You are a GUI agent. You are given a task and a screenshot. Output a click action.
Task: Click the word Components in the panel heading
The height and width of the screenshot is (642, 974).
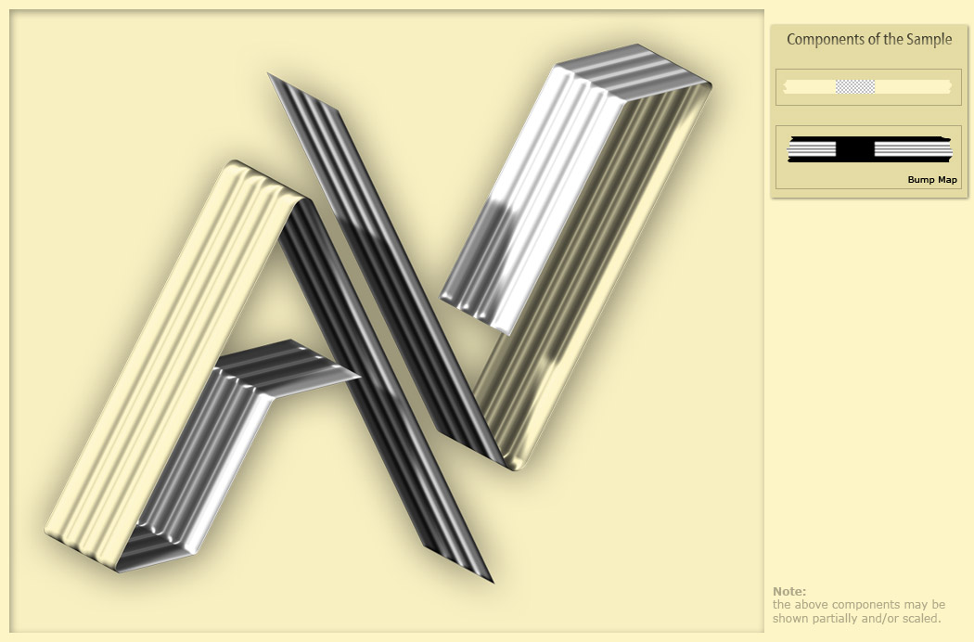[x=824, y=40]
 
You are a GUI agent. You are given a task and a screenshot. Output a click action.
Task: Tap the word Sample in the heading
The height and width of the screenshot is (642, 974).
[x=929, y=40]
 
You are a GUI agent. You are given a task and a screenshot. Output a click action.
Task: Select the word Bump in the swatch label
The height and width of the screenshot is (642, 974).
[x=920, y=180]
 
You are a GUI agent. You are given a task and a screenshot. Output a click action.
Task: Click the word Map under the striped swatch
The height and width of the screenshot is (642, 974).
[x=947, y=180]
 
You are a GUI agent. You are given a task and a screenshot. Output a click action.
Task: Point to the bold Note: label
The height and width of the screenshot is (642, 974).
[x=788, y=591]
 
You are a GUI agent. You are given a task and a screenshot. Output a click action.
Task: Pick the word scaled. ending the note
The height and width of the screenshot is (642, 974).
[x=922, y=619]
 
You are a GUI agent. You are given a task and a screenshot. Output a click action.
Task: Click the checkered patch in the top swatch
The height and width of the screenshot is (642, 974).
[x=854, y=87]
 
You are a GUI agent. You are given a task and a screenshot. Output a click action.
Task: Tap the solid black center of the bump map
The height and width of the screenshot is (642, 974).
[x=854, y=149]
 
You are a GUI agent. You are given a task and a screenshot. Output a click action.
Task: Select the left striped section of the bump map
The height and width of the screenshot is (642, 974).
[x=812, y=149]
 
